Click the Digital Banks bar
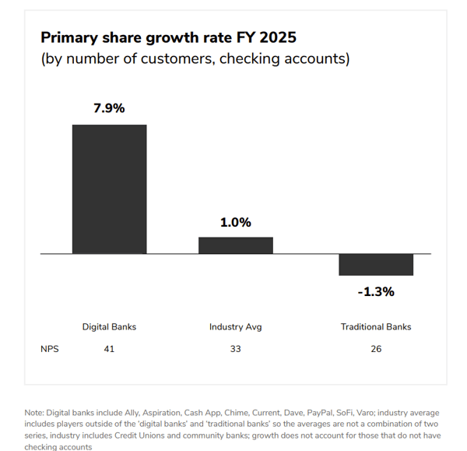click(109, 189)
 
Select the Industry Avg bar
click(235, 245)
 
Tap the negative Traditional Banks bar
click(376, 265)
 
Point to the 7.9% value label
click(109, 109)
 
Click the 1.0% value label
click(235, 223)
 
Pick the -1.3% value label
click(376, 292)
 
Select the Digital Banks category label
click(109, 327)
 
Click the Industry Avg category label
click(235, 327)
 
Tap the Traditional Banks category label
click(376, 327)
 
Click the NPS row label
click(49, 349)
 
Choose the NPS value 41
click(109, 349)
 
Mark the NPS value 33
click(235, 349)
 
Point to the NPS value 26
click(376, 349)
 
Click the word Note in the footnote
click(34, 411)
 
